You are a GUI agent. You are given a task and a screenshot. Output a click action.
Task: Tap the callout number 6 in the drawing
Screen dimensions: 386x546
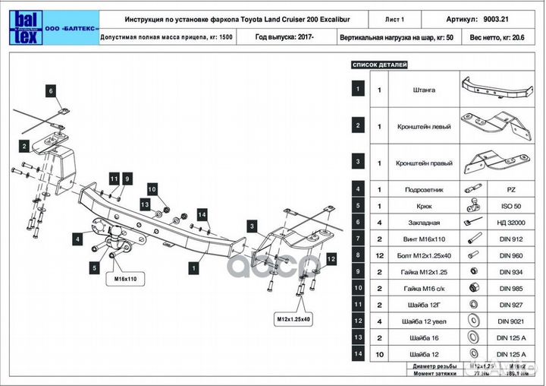coord(52,91)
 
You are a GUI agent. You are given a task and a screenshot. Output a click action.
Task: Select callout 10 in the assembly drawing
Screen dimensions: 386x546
coord(151,189)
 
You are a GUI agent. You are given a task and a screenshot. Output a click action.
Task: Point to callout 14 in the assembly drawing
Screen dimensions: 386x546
coord(202,215)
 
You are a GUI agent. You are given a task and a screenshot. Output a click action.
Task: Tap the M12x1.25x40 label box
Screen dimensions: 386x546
coord(293,318)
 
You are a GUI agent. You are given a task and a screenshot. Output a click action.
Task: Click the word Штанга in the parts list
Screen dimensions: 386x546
coord(425,90)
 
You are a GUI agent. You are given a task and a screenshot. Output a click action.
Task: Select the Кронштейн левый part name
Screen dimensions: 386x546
coord(425,126)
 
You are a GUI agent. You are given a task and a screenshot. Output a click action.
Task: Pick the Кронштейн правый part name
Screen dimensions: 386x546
coord(425,163)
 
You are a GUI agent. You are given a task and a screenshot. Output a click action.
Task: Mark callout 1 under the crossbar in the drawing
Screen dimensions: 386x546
coord(195,267)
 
